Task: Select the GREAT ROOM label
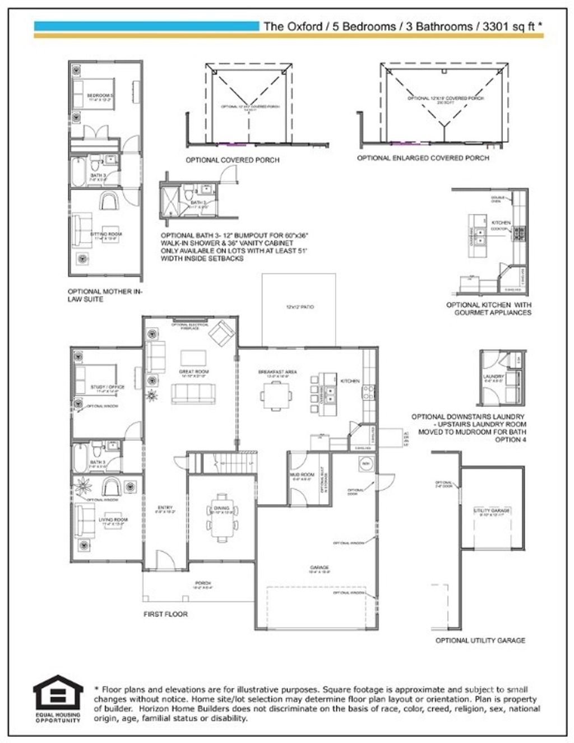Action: point(194,371)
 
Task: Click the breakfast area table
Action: point(275,396)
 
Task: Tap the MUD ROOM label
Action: point(302,475)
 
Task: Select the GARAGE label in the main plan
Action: point(320,568)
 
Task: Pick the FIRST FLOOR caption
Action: point(165,614)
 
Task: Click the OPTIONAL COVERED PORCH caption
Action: point(232,160)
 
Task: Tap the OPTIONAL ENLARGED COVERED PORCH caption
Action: point(423,158)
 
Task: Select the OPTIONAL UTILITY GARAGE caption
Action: point(480,640)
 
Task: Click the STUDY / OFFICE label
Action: point(108,387)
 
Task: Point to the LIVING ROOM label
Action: point(113,520)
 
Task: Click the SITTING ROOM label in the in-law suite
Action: point(107,234)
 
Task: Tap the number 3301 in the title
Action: point(493,26)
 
